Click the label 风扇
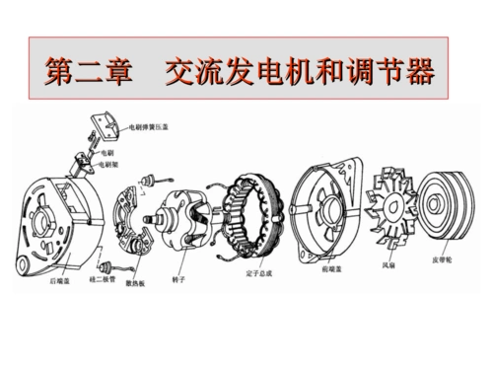(389, 264)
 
